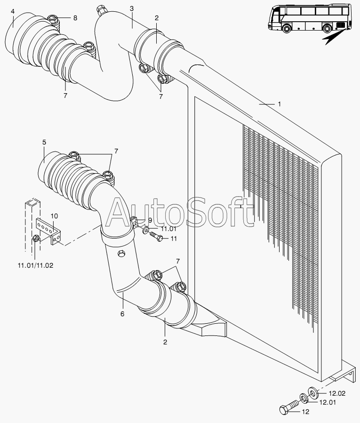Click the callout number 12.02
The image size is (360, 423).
click(337, 394)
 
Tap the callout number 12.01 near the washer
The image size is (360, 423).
click(328, 402)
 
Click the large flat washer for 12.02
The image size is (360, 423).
click(313, 392)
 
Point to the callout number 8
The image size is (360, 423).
click(75, 18)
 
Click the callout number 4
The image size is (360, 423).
click(13, 11)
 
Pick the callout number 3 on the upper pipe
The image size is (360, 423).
click(132, 8)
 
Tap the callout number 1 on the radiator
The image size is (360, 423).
click(280, 104)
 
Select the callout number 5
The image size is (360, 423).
click(44, 142)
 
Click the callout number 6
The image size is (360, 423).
click(122, 314)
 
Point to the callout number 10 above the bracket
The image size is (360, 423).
click(54, 216)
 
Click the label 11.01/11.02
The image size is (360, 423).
click(36, 265)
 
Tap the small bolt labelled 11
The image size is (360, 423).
click(156, 236)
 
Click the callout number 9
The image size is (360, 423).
click(150, 220)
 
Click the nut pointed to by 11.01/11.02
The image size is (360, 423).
click(36, 239)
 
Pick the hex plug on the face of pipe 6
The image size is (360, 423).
click(121, 254)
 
